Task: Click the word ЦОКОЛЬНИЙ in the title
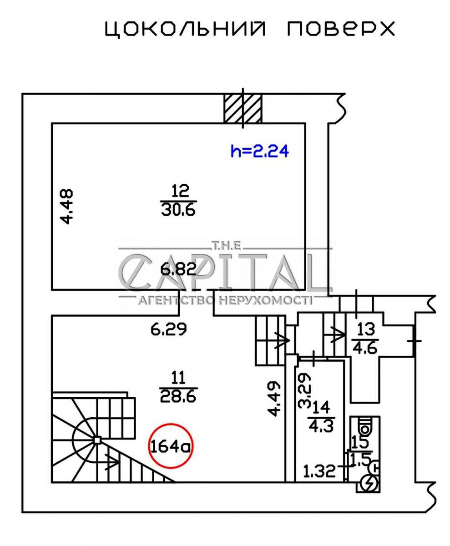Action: click(185, 29)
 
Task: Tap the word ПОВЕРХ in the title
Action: click(341, 29)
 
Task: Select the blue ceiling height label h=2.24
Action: click(260, 151)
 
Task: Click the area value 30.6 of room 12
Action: click(178, 210)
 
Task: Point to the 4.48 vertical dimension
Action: click(67, 207)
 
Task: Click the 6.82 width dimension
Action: click(178, 270)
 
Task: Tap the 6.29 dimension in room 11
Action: click(169, 329)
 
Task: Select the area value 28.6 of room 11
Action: click(178, 396)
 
